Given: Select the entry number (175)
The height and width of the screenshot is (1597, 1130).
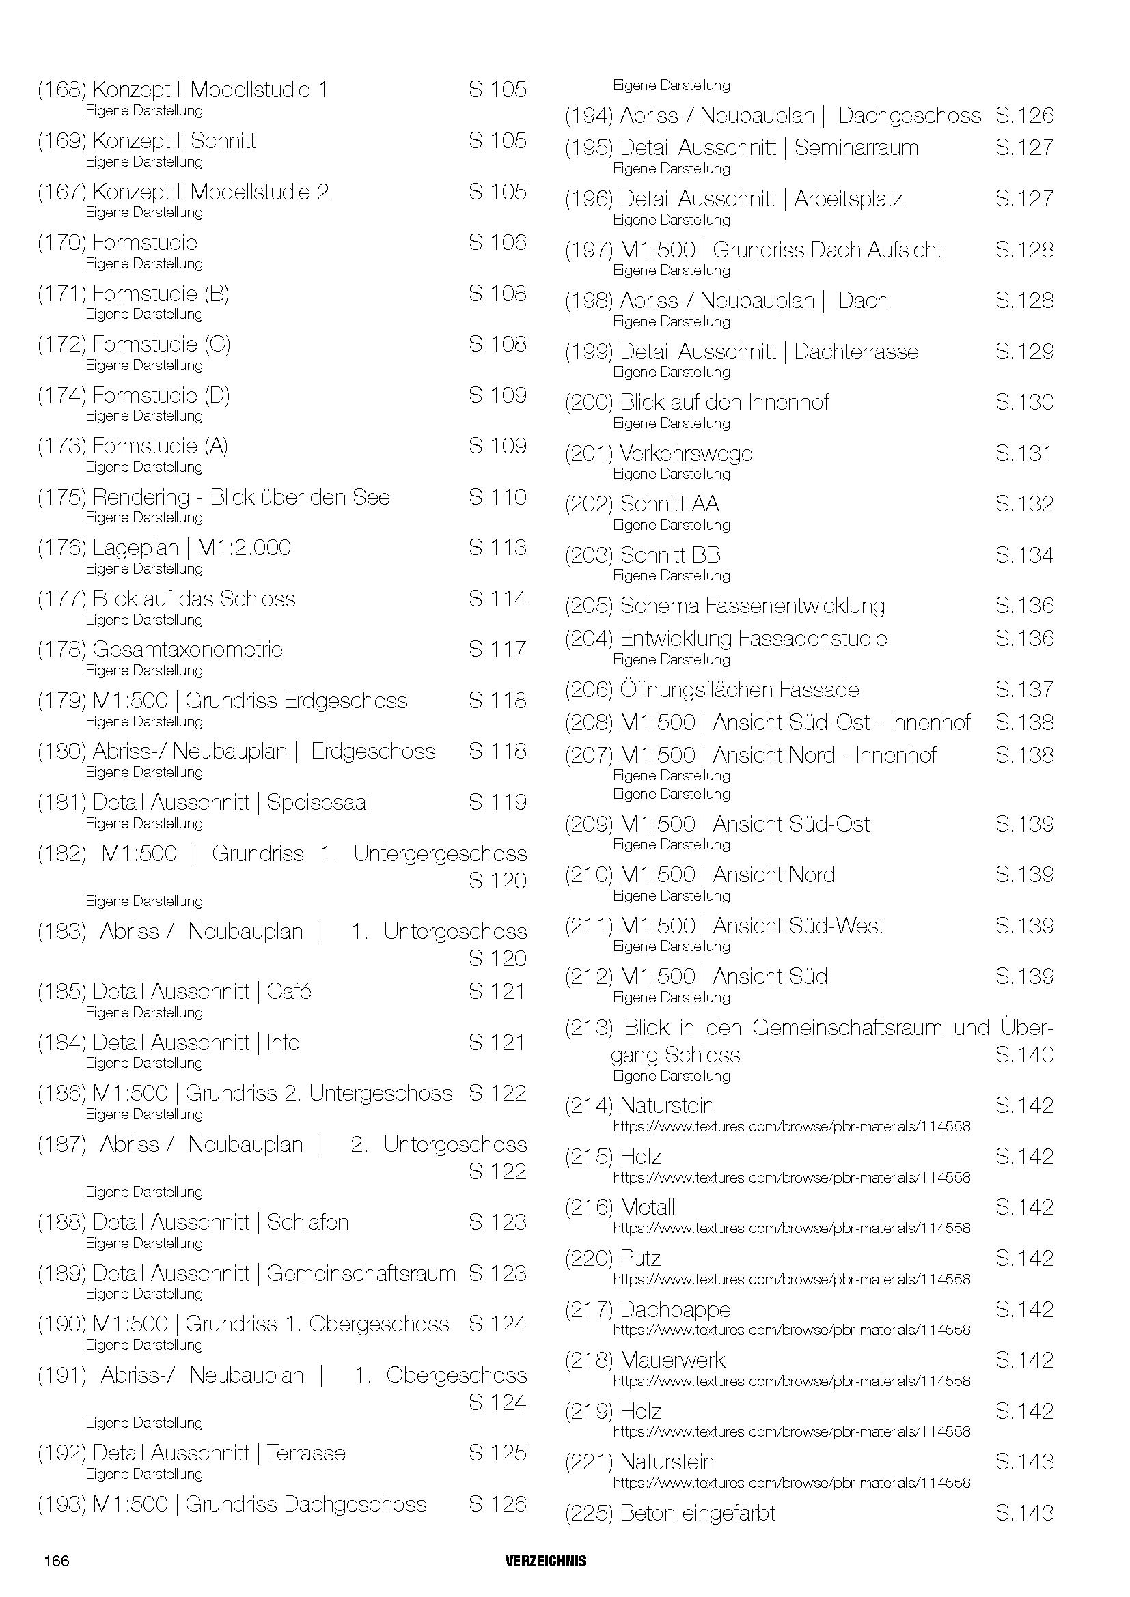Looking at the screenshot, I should click(62, 497).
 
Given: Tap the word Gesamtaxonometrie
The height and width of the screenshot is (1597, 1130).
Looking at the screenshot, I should click(187, 649).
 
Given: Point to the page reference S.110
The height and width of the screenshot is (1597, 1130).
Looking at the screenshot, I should click(497, 497).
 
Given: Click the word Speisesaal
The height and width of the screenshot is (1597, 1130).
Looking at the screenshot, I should click(318, 803).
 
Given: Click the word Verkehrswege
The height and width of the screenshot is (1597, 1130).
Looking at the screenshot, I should click(686, 453).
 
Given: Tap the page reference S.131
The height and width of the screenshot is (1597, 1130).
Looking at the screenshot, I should click(1023, 453).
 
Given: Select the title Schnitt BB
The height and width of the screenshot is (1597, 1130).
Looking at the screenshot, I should click(670, 555).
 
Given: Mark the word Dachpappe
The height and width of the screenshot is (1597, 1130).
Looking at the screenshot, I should click(675, 1310).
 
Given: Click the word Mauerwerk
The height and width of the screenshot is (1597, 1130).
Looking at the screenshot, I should click(672, 1361).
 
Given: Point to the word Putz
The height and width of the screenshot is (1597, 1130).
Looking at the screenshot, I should click(640, 1258).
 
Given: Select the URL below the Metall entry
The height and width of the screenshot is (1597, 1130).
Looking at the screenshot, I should click(791, 1228).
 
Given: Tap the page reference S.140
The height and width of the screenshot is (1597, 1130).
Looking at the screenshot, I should click(1024, 1055).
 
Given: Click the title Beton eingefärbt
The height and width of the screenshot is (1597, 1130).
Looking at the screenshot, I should click(698, 1514).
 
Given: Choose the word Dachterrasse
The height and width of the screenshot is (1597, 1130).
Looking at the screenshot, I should click(856, 352).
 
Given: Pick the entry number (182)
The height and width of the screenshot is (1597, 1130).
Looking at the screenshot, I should click(62, 853).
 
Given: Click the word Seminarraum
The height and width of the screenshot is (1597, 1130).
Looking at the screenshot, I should click(856, 147).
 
